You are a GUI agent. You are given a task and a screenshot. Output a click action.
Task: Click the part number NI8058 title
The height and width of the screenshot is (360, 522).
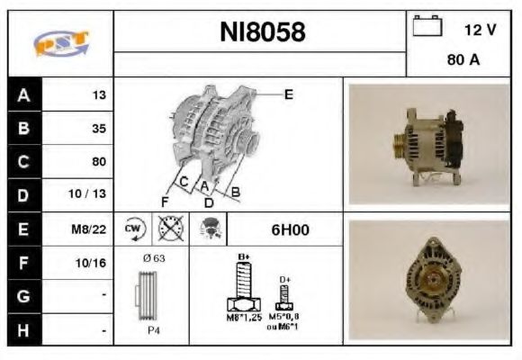[x=263, y=33]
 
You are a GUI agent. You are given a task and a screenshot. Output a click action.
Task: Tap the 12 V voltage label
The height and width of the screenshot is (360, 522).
[x=480, y=30]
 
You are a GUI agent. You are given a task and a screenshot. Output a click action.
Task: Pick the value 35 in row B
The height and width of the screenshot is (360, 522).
[x=99, y=128]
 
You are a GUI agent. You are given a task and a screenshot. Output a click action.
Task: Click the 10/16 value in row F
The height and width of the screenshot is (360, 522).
[x=93, y=263]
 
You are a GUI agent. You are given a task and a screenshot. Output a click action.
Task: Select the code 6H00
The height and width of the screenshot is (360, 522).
[x=290, y=229]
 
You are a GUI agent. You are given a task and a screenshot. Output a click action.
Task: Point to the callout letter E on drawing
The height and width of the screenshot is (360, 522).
[x=289, y=93]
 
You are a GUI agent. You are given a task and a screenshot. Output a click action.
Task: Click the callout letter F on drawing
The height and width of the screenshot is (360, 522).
[x=165, y=200]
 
